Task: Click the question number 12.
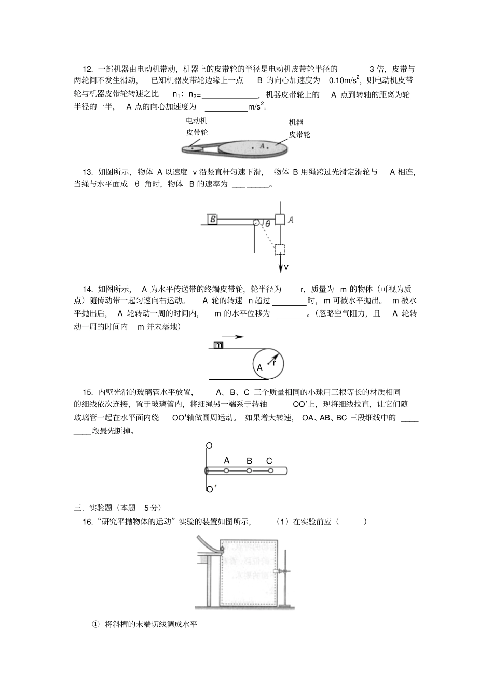tap(87, 69)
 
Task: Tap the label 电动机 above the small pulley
tap(197, 120)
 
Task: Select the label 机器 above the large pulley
tap(296, 122)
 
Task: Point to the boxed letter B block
tap(213, 219)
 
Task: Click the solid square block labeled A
tap(280, 219)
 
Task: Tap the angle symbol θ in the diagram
tap(268, 224)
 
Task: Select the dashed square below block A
tap(280, 250)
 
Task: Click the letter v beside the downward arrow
tap(286, 267)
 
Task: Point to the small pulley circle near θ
tap(256, 222)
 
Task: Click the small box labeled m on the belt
tap(218, 345)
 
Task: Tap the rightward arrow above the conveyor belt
tap(229, 337)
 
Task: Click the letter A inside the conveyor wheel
tap(260, 367)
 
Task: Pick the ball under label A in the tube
tap(227, 471)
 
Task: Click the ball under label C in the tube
tap(270, 471)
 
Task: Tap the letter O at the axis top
tap(209, 446)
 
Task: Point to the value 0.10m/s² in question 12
tap(344, 80)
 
